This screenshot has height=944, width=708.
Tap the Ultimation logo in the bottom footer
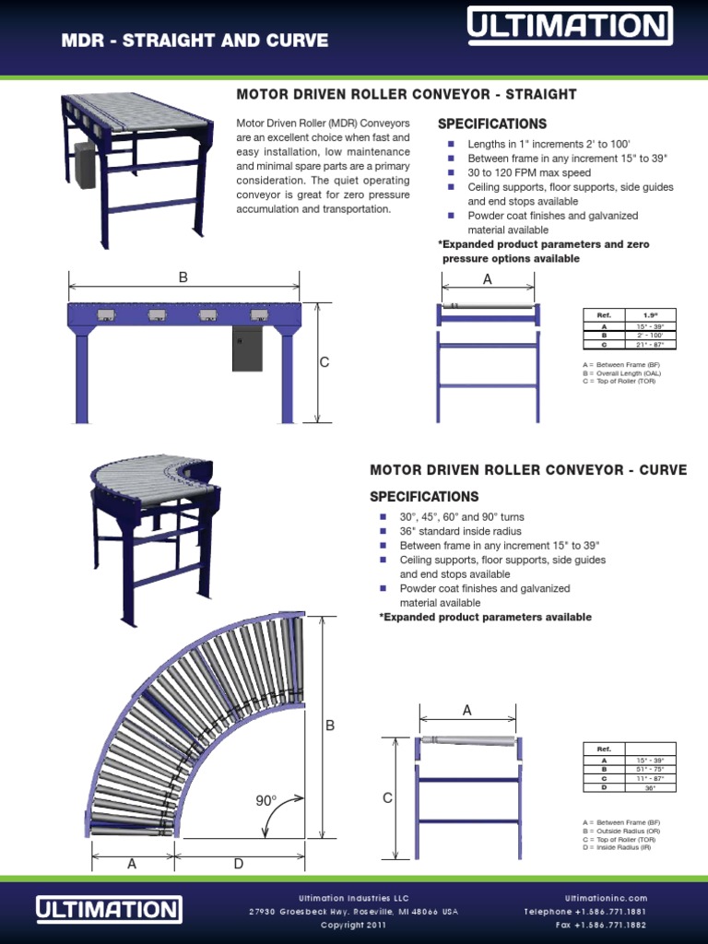tap(109, 910)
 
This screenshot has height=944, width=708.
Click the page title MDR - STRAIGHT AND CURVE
tap(195, 41)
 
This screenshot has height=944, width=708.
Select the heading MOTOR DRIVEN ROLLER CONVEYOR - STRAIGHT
tap(407, 94)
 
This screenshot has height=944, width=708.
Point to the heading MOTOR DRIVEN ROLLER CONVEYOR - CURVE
tap(528, 470)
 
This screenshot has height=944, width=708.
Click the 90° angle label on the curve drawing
tap(266, 801)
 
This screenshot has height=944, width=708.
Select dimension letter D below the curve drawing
tap(238, 864)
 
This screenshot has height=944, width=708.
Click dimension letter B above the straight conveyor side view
tap(183, 277)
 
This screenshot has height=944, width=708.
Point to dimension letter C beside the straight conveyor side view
tap(324, 363)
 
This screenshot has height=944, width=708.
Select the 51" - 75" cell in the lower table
tap(650, 769)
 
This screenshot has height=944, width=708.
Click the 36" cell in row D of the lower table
tap(650, 787)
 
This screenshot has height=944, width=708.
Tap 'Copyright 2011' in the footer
tap(353, 925)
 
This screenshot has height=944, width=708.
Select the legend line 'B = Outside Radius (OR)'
tap(621, 831)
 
